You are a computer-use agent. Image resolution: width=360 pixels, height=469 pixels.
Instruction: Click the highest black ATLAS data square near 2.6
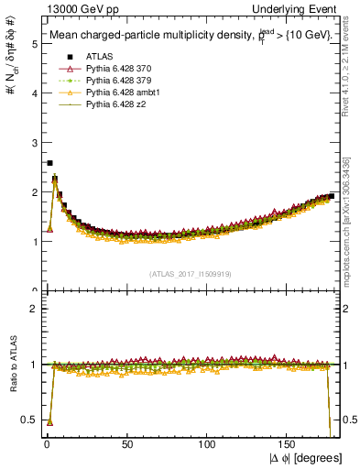click(49, 163)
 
